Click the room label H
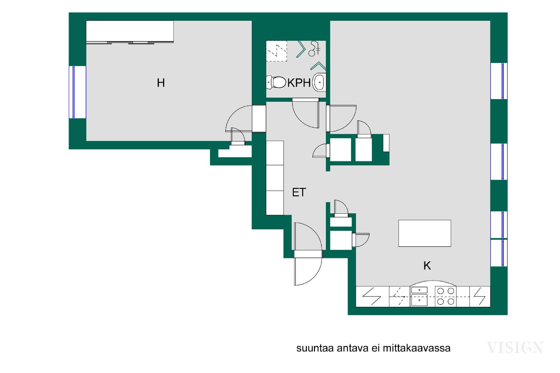tap(161, 83)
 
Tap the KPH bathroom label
tap(299, 83)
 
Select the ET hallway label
tap(299, 192)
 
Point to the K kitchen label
tap(427, 266)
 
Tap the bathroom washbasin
tap(319, 82)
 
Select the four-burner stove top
tap(446, 296)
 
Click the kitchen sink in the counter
tap(419, 296)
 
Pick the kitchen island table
tap(425, 233)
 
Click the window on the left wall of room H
tap(74, 92)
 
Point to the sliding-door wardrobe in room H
tap(130, 31)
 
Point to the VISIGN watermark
tap(515, 347)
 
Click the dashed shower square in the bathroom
tap(276, 51)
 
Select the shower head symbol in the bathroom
tap(314, 49)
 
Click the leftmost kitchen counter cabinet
tap(372, 296)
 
